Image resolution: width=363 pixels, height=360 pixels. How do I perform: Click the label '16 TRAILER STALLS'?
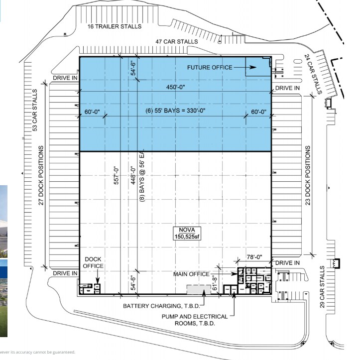click(114, 26)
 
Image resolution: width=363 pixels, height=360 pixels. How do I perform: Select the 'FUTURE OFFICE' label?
click(209, 67)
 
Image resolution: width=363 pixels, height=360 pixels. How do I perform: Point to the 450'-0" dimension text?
click(175, 88)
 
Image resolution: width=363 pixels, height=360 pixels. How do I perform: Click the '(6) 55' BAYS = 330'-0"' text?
click(175, 111)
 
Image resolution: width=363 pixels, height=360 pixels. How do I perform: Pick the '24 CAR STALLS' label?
click(313, 74)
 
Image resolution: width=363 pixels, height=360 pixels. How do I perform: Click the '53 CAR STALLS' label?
click(35, 110)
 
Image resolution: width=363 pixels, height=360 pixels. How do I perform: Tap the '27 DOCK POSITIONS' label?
click(41, 175)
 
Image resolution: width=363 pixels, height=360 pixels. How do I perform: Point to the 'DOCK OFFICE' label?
click(93, 262)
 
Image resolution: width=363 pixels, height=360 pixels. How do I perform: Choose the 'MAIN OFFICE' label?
click(191, 274)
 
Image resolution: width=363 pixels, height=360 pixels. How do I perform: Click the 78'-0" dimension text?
click(253, 258)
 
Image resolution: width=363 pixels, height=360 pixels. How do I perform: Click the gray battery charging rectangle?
click(198, 289)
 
